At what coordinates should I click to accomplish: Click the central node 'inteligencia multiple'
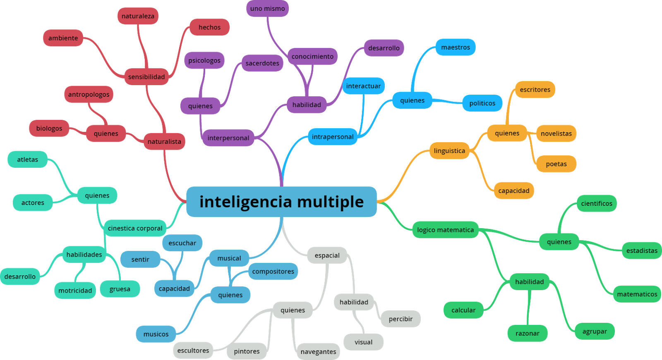[281, 202]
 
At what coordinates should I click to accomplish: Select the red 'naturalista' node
[164, 141]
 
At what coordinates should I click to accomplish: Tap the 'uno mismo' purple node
[267, 8]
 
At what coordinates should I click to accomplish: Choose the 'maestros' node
[455, 47]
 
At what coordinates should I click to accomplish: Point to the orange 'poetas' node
[556, 164]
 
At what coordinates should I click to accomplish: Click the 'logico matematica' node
[445, 230]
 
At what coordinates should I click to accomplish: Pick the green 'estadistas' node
[641, 250]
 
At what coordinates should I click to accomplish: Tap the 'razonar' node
[527, 333]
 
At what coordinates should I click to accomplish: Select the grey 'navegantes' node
[318, 351]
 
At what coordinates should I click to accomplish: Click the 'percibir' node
[401, 319]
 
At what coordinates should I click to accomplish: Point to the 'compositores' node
[273, 271]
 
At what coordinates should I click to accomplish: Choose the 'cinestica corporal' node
[135, 228]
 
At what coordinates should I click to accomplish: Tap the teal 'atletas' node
[27, 160]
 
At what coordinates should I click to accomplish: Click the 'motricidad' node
[75, 291]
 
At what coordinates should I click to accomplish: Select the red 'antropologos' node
[89, 94]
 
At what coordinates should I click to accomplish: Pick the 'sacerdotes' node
[262, 63]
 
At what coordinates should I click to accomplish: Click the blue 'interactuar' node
[363, 86]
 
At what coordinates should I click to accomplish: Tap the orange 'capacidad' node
[513, 191]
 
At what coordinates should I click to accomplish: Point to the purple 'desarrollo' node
[384, 48]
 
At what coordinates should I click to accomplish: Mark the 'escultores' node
[193, 350]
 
